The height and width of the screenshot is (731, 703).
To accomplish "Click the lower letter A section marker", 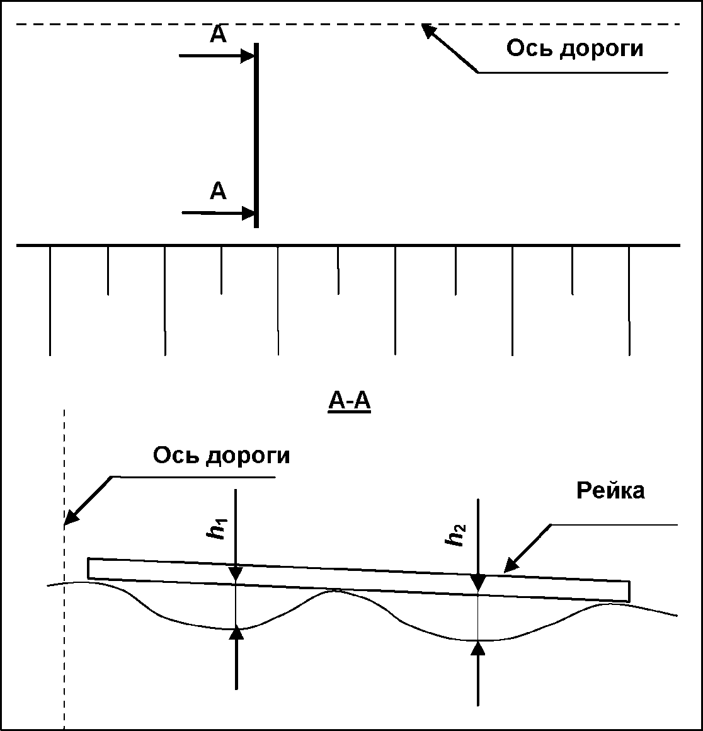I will (x=218, y=191).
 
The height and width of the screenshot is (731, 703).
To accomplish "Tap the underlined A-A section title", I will (x=350, y=401).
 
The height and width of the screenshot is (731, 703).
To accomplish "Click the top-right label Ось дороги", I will (x=575, y=49).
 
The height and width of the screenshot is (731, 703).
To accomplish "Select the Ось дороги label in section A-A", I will (x=221, y=455).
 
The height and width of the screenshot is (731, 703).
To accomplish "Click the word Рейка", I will (x=610, y=490).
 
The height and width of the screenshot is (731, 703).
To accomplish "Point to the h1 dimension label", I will (x=217, y=529).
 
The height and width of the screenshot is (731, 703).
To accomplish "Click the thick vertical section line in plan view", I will (x=256, y=135).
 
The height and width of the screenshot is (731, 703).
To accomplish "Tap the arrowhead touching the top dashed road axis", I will (x=428, y=30).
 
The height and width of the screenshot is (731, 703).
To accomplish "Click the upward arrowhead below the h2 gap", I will (x=479, y=647).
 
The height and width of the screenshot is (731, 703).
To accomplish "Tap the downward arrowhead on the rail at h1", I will (x=236, y=573).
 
